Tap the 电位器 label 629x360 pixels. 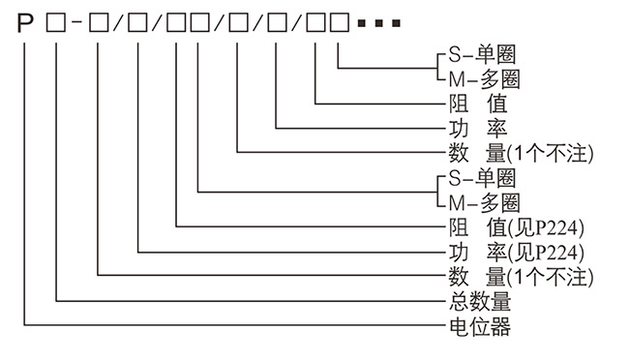473,327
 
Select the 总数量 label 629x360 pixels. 473,302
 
